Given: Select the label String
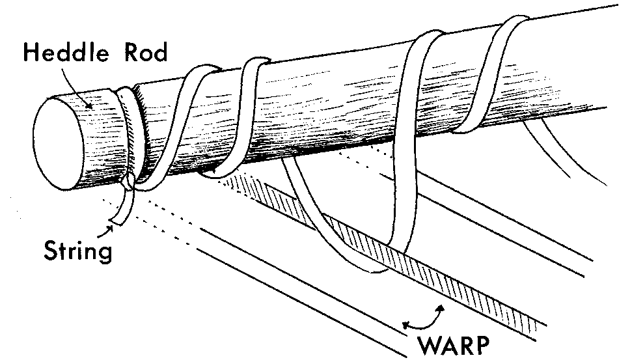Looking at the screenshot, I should [x=77, y=250].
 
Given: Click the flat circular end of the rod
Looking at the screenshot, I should [x=59, y=139].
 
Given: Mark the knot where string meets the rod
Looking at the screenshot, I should [x=128, y=180].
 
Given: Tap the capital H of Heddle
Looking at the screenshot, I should [x=29, y=51].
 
